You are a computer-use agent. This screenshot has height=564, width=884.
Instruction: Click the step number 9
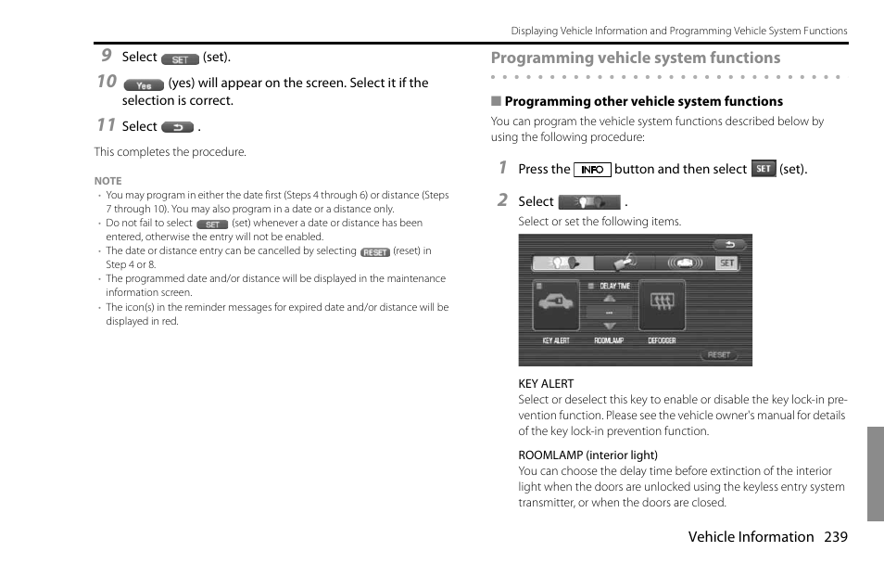pos(107,56)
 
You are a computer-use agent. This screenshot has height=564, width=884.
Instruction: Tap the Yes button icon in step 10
pos(143,84)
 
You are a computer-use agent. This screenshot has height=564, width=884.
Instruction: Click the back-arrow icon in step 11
pos(176,127)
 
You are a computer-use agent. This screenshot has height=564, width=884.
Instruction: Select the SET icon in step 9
pos(180,59)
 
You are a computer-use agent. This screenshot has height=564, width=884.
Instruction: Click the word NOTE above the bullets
pos(107,181)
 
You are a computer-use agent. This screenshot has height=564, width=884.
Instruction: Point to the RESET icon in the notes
pos(374,252)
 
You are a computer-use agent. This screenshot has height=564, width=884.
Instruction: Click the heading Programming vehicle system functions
pos(635,58)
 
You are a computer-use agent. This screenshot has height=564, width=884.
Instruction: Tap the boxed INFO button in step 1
pos(592,170)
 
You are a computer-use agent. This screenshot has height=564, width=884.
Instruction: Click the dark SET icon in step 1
pos(764,169)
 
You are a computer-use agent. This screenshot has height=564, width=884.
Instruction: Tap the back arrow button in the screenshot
pos(728,245)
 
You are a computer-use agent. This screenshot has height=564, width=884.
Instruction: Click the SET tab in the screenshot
pos(726,263)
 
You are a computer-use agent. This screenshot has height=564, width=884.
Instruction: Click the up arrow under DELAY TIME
pos(609,299)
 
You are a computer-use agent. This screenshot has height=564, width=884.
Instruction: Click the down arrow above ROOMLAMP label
pos(609,327)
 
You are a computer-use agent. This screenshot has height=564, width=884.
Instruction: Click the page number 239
pos(835,536)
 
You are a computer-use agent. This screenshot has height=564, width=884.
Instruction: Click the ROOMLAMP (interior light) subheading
pos(587,455)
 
